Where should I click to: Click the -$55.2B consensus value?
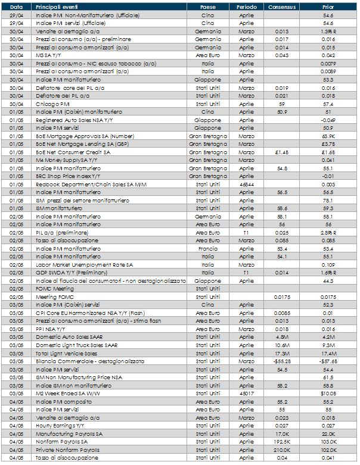(x=281, y=361)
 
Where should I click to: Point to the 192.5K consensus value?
(x=281, y=442)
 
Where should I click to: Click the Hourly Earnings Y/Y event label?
(x=60, y=426)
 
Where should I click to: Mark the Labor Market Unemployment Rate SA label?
(x=77, y=263)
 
